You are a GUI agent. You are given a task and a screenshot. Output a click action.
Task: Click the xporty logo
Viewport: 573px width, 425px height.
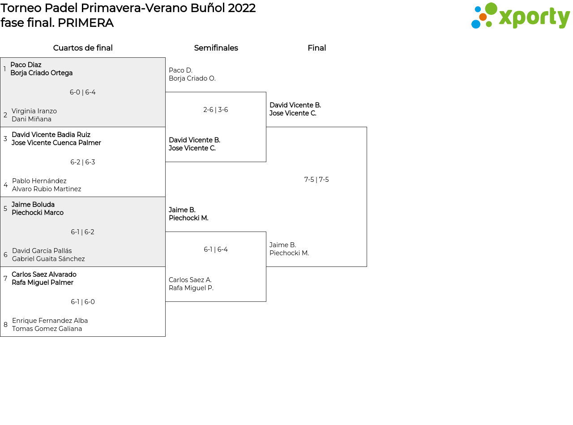520,16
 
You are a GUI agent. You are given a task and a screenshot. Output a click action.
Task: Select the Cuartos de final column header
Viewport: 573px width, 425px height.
83,48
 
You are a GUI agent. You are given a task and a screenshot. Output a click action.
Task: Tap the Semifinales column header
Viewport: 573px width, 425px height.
216,48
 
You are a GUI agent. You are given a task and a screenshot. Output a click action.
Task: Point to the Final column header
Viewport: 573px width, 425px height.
316,48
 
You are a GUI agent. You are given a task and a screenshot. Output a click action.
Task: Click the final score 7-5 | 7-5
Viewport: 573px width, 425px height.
316,180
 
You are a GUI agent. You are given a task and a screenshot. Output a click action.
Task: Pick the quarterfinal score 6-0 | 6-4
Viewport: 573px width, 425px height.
83,92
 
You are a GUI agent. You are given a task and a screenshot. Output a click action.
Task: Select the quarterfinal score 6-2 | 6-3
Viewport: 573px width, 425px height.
83,162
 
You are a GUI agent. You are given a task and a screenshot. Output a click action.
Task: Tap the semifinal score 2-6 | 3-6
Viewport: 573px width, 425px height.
216,110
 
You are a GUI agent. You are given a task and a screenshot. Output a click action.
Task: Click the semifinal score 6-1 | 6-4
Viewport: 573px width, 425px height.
216,249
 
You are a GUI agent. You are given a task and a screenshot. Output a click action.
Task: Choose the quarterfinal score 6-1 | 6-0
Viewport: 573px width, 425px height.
83,302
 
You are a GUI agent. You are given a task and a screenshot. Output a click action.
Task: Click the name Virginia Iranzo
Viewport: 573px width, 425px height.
34,111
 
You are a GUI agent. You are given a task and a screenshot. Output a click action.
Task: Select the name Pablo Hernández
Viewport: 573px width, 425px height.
39,181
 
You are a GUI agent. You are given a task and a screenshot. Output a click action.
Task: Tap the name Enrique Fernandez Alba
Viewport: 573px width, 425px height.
50,321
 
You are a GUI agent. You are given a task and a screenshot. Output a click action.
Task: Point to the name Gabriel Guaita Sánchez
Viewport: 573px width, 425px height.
48,259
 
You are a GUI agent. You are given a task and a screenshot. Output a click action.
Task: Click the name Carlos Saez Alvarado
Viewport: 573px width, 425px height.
44,275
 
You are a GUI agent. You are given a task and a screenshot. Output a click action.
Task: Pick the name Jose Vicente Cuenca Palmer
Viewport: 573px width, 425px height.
56,143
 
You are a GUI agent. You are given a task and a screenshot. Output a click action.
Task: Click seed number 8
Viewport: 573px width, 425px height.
5,325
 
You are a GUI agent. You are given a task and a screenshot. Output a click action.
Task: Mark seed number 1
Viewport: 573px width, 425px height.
4,69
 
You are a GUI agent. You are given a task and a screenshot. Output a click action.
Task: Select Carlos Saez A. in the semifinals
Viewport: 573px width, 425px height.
190,280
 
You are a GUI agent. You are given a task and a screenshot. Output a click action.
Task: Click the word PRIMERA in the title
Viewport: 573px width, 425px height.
86,23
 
